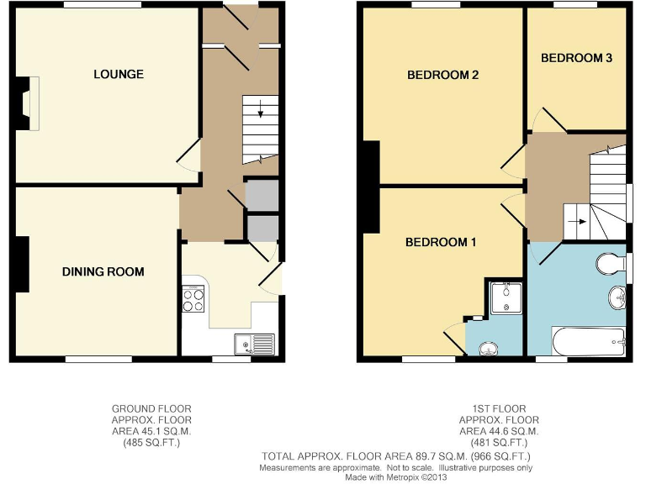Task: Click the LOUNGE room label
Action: [x=118, y=74]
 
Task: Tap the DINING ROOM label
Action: [x=103, y=271]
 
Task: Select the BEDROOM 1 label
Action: [x=441, y=243]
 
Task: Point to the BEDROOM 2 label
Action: [x=442, y=75]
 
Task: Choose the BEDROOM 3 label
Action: [x=575, y=58]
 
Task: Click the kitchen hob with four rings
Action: [x=193, y=299]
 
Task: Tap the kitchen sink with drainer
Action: [x=254, y=343]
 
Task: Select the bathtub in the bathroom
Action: [x=589, y=341]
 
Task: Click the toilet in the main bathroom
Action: [x=610, y=266]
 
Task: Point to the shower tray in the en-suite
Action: [x=506, y=297]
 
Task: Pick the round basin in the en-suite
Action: [x=490, y=349]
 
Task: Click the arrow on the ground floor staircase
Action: [x=260, y=108]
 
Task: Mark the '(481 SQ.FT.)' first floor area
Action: [x=498, y=442]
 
